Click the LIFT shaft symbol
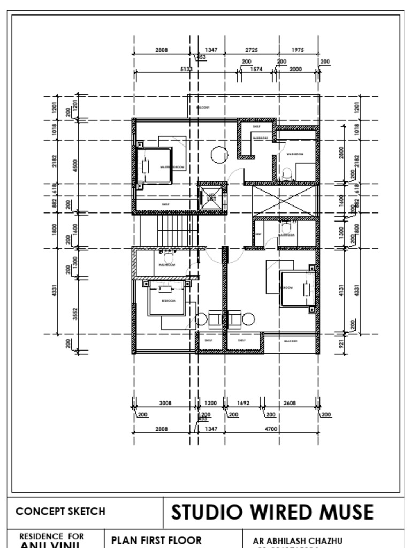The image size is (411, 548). pos(212,197)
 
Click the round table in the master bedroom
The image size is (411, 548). pos(219,155)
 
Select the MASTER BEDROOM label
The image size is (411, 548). pos(172,167)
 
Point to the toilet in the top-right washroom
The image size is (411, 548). pos(287,173)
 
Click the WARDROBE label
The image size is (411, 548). pos(260,138)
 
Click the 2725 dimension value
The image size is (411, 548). pos(252,50)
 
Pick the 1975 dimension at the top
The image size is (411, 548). pos(298,50)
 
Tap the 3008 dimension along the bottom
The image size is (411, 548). pos(165,403)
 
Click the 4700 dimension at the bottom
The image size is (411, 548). pos(271,429)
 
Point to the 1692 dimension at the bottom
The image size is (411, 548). pos(243,403)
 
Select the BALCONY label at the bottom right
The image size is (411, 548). pos(291,341)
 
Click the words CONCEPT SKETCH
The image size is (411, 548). pos(60,511)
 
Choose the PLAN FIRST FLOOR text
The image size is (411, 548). pos(156,540)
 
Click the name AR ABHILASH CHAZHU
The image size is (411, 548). pos(298,541)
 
